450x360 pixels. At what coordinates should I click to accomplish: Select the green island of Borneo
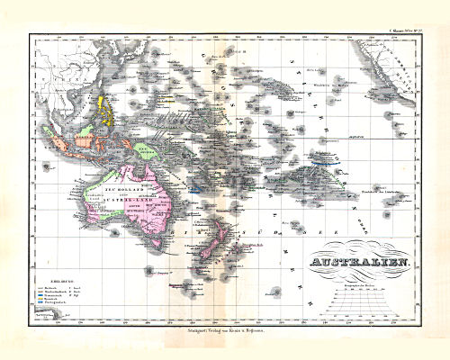85,135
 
